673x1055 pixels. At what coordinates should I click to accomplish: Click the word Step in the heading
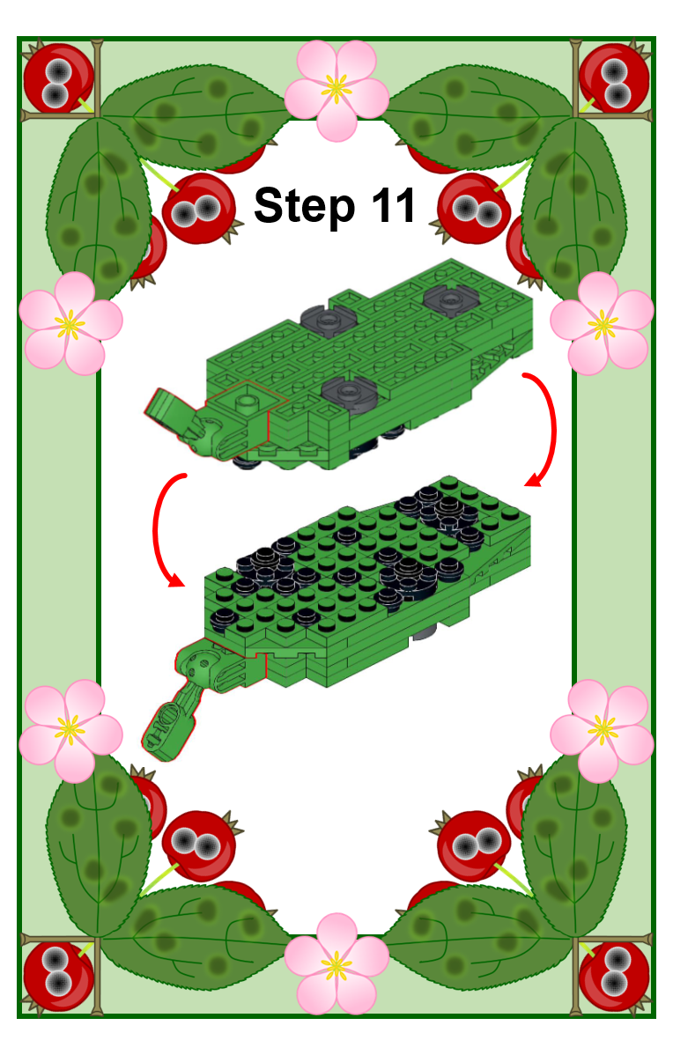click(304, 206)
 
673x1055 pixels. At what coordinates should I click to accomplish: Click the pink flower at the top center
click(336, 90)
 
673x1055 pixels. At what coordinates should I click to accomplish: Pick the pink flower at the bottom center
click(336, 963)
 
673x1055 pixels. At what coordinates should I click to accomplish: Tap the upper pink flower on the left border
click(70, 324)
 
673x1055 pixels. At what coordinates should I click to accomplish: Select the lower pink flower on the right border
click(602, 731)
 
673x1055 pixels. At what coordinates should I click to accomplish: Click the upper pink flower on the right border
click(602, 324)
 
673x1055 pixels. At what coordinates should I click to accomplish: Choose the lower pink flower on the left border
click(70, 731)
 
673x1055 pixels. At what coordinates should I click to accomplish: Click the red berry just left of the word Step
click(199, 209)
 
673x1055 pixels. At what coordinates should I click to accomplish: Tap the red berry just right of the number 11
click(474, 209)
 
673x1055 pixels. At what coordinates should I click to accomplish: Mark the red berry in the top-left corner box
click(58, 78)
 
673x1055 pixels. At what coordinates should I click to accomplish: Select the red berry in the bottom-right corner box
click(615, 977)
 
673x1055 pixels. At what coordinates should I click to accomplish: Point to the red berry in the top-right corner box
click(615, 78)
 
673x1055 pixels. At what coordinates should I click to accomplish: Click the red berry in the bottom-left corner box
click(58, 977)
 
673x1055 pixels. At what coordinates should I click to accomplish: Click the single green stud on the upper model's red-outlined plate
click(248, 402)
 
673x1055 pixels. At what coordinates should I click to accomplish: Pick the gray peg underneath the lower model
click(426, 631)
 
